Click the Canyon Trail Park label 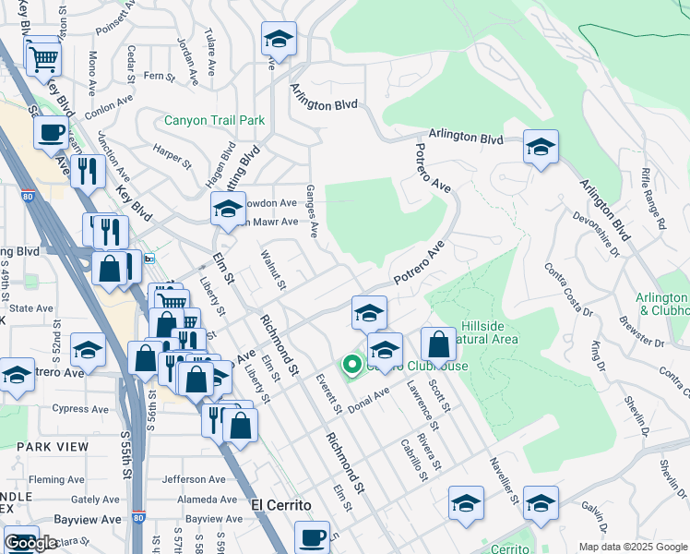[x=214, y=120]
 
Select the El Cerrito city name [x=280, y=505]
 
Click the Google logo [x=30, y=543]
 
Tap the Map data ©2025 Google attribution [x=633, y=547]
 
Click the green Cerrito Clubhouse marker [x=351, y=366]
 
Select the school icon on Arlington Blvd [x=540, y=147]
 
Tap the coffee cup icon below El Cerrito [x=312, y=536]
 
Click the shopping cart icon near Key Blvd [x=43, y=60]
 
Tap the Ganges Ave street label [x=313, y=210]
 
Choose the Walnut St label [x=274, y=268]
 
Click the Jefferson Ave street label [x=194, y=479]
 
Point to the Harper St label [x=172, y=158]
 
